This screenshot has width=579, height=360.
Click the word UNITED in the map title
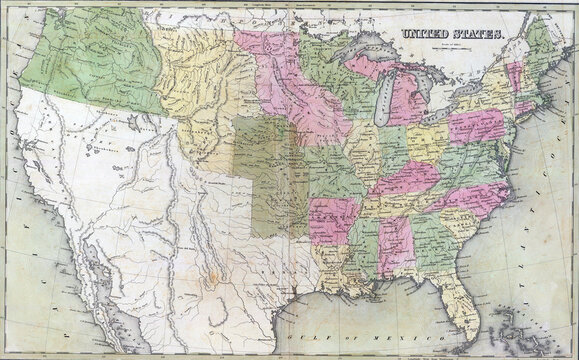pyautogui.click(x=426, y=33)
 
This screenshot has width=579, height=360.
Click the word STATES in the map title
pyautogui.click(x=484, y=33)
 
